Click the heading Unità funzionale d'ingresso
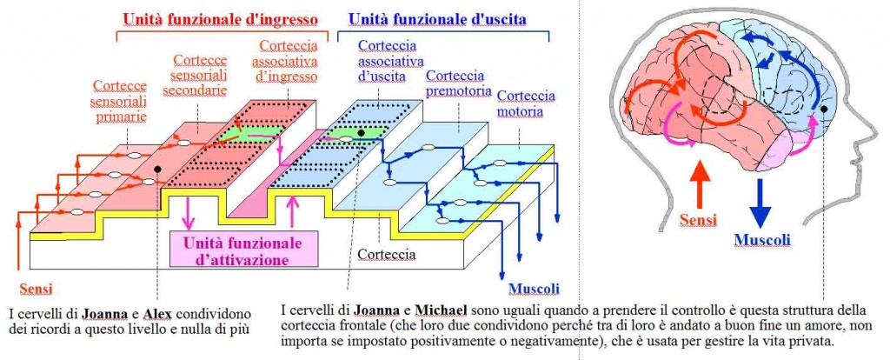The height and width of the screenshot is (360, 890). (220, 19)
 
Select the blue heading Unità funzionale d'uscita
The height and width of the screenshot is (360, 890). (437, 19)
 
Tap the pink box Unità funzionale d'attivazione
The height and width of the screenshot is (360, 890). (244, 250)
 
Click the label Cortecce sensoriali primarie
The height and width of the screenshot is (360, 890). (120, 101)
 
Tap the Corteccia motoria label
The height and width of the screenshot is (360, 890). (526, 103)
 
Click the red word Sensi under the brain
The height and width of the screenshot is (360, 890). (699, 218)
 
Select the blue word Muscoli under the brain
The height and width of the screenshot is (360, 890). (761, 240)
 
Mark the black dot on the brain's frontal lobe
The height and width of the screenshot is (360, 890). (824, 108)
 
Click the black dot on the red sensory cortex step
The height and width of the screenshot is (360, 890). (157, 169)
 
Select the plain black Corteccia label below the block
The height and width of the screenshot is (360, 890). (387, 254)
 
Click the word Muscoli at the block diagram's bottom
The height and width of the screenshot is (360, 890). (534, 289)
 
